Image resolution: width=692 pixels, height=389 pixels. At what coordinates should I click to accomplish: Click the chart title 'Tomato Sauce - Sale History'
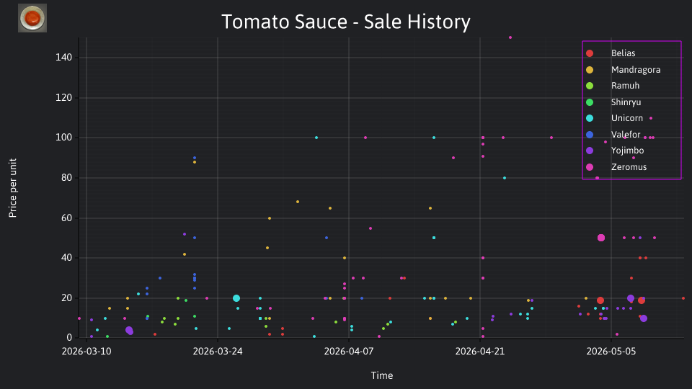(x=345, y=22)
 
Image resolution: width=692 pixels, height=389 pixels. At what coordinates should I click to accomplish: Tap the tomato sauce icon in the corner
(x=32, y=18)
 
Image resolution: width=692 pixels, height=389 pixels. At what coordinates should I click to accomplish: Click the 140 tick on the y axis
(x=63, y=58)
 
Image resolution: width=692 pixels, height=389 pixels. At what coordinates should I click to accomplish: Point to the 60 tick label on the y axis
(x=66, y=218)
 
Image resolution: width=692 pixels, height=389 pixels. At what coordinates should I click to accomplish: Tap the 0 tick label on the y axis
(x=69, y=338)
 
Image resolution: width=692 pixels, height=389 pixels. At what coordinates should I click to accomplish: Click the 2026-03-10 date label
(x=86, y=352)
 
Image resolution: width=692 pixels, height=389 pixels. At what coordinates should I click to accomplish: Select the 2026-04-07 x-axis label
(x=349, y=352)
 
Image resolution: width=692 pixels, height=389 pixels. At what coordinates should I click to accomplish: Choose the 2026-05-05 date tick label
(x=611, y=352)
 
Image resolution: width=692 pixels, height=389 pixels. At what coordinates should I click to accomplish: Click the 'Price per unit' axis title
(x=13, y=188)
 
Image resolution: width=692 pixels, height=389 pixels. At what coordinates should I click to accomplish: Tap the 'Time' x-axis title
(x=382, y=375)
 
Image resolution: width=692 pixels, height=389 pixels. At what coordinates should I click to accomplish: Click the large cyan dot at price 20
(x=236, y=298)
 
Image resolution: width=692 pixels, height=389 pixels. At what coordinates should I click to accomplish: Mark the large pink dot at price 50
(x=601, y=238)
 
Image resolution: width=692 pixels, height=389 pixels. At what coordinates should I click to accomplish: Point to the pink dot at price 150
(x=510, y=37)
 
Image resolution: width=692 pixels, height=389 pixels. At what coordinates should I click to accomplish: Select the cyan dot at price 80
(x=505, y=178)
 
